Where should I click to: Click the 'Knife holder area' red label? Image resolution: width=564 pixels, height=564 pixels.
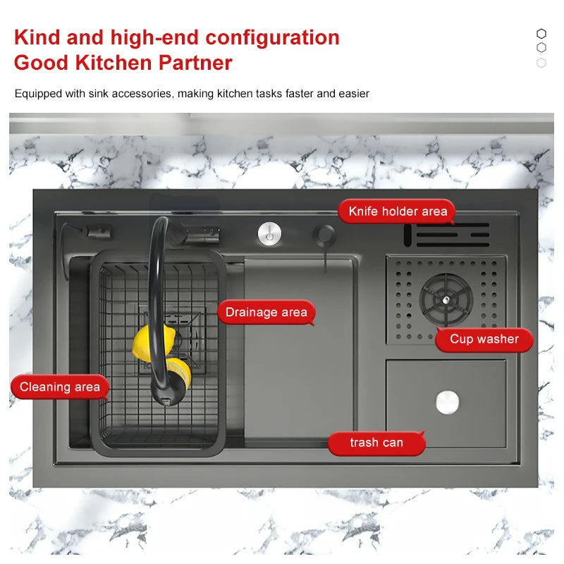coord(397,211)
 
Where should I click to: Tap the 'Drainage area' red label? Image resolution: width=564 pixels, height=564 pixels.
coord(266,312)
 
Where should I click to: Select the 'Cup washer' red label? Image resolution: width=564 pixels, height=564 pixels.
coord(484,339)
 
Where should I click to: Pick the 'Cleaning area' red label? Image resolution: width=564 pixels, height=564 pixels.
coord(60,387)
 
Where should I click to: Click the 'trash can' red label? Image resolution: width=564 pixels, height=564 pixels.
coord(376,443)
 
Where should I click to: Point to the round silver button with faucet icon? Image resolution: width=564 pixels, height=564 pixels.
coord(270,234)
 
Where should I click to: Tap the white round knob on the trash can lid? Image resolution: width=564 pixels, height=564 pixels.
coord(448,402)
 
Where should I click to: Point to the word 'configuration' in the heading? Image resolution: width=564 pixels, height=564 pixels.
coord(272,38)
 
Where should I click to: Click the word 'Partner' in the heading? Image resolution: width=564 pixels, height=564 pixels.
coord(195,63)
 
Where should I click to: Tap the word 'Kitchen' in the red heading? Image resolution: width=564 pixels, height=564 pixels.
coord(114,63)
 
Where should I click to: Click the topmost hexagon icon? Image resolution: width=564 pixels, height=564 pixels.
coord(541,33)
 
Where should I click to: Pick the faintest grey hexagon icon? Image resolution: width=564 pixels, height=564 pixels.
coord(541,63)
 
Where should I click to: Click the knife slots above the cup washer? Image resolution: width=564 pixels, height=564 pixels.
coord(447,235)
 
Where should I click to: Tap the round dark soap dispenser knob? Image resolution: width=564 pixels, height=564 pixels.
coord(325,234)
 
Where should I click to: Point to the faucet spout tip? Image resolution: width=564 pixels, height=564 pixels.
coord(166,400)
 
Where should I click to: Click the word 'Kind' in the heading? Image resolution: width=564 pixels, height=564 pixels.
coord(37,37)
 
